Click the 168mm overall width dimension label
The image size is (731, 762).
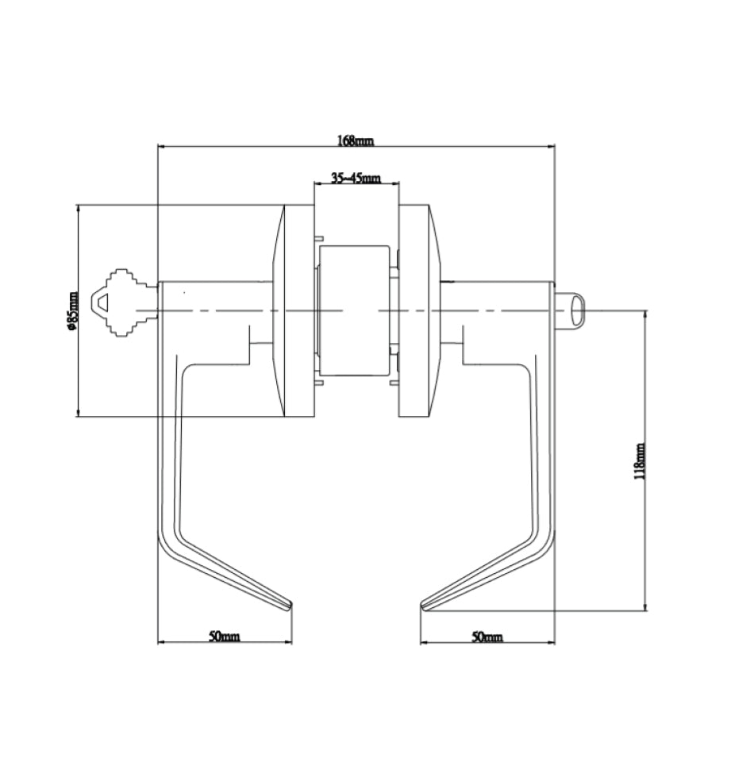pyautogui.click(x=355, y=140)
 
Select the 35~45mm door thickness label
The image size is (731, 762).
pyautogui.click(x=355, y=179)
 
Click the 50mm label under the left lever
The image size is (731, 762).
pyautogui.click(x=224, y=637)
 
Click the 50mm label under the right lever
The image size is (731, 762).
pyautogui.click(x=487, y=637)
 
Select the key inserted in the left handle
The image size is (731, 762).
pyautogui.click(x=124, y=302)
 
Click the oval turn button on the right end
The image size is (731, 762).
pyautogui.click(x=578, y=310)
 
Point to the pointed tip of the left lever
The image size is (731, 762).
pyautogui.click(x=289, y=607)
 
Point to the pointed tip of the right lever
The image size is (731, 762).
pyautogui.click(x=423, y=607)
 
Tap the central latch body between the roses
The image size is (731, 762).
pyautogui.click(x=355, y=310)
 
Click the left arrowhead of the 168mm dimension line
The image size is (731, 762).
pyautogui.click(x=161, y=147)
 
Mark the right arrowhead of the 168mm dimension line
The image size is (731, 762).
pyautogui.click(x=551, y=147)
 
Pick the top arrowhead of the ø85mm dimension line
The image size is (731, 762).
pyautogui.click(x=78, y=209)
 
